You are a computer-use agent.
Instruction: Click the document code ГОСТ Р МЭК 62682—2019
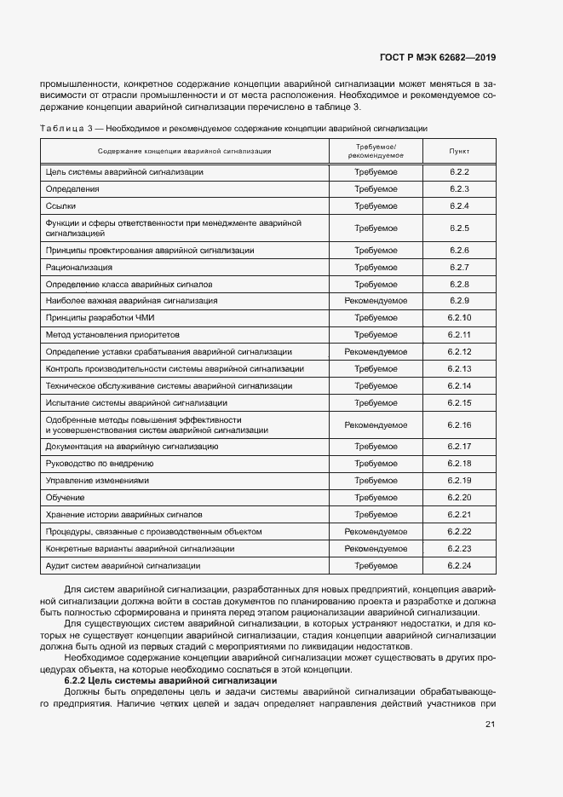tap(437, 58)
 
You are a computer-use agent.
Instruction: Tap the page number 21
tap(490, 725)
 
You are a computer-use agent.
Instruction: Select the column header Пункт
tap(459, 151)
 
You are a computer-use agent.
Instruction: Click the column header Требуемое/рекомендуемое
tap(376, 151)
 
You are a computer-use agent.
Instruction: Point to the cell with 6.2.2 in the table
tap(459, 172)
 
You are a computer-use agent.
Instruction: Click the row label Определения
tap(72, 188)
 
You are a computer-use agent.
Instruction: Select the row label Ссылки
tap(60, 205)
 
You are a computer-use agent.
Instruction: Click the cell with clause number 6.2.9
tap(459, 301)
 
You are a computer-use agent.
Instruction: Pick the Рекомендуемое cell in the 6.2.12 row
tap(376, 352)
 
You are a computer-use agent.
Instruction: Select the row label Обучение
tap(65, 498)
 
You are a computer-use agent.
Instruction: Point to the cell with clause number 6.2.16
tap(459, 424)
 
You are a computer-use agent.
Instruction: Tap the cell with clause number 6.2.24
tap(459, 566)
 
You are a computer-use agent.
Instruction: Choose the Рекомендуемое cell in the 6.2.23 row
tap(376, 549)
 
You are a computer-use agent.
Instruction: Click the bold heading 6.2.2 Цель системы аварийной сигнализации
tap(170, 680)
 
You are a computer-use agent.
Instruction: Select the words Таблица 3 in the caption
tap(66, 128)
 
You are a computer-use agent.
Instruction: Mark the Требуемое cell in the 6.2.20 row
tap(376, 498)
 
